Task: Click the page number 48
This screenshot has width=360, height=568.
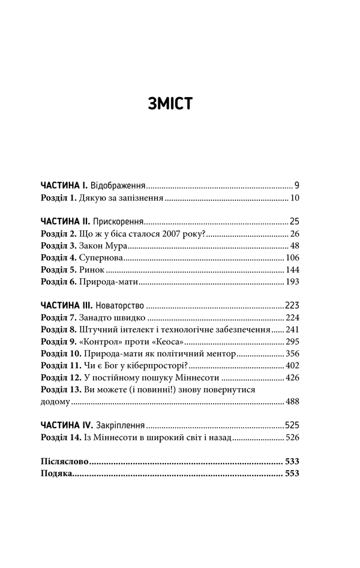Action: pos(293,246)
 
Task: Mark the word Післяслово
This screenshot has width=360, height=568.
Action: pos(64,462)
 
